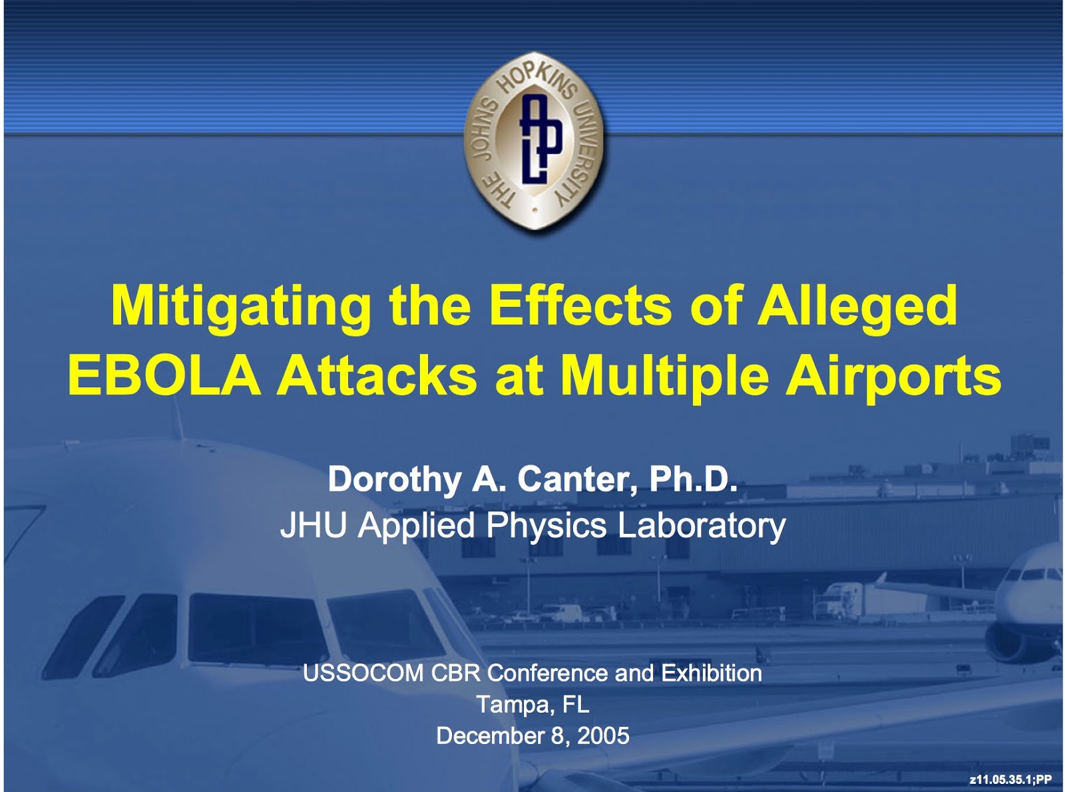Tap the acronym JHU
(x=313, y=524)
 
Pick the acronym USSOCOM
(x=363, y=674)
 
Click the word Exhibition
(x=712, y=674)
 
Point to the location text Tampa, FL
(x=533, y=705)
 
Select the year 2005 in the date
(x=603, y=736)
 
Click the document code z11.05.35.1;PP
(x=1010, y=779)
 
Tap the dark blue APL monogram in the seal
(x=540, y=139)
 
